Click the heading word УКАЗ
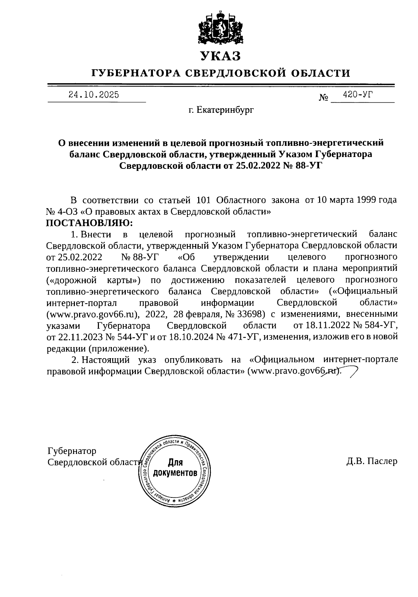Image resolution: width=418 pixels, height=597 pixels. (220, 56)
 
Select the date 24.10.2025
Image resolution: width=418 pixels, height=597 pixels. (94, 95)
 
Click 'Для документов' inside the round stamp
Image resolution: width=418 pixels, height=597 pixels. (175, 468)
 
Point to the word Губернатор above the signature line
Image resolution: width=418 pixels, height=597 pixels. (72, 451)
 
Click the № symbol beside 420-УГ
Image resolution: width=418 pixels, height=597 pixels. (324, 98)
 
